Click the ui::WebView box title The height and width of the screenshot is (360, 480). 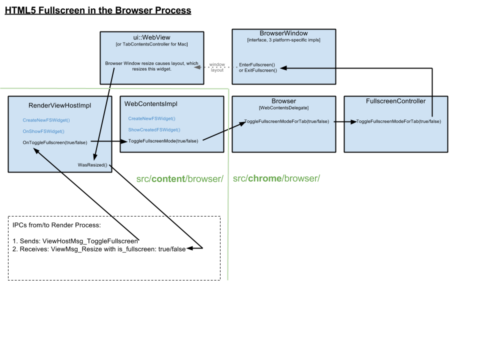[152, 38]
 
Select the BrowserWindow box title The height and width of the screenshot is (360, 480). [283, 33]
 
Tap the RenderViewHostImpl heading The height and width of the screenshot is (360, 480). [60, 105]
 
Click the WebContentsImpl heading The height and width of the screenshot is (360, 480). [151, 104]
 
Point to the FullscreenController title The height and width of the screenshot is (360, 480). [395, 101]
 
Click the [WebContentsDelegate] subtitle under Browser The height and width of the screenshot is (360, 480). [283, 108]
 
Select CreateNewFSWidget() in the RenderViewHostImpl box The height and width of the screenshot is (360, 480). [46, 120]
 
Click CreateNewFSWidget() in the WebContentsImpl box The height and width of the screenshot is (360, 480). [151, 119]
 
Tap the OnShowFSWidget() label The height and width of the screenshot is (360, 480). [43, 131]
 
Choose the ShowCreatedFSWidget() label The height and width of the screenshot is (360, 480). [154, 130]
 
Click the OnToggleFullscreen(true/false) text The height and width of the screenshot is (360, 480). [55, 142]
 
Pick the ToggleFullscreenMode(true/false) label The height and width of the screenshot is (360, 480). [163, 141]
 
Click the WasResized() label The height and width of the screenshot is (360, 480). [92, 165]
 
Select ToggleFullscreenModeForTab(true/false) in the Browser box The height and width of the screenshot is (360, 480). [286, 122]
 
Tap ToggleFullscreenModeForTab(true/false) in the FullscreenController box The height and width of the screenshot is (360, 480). [398, 122]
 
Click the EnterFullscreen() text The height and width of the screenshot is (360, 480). [256, 65]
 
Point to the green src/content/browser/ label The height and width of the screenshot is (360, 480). [179, 179]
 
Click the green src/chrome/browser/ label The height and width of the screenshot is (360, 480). [276, 179]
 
